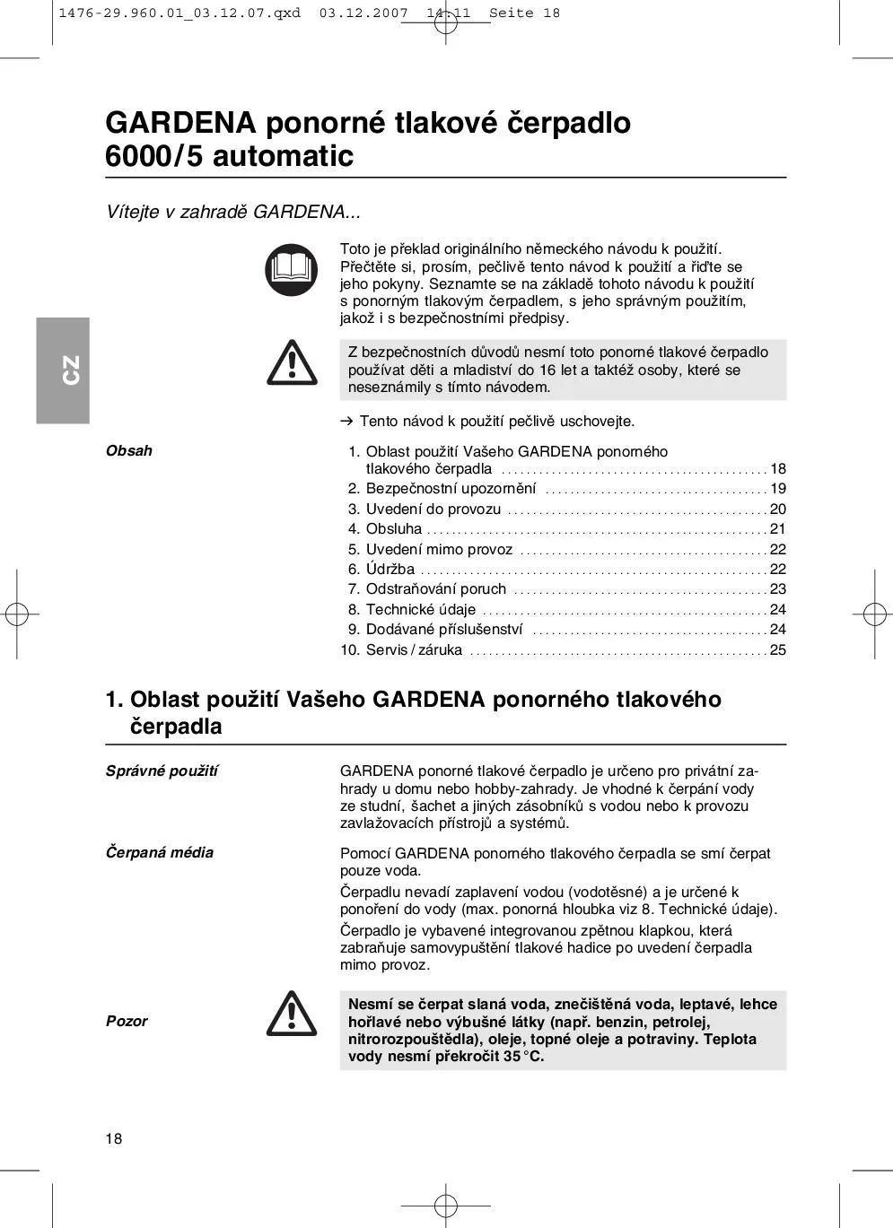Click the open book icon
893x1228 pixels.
[x=292, y=270]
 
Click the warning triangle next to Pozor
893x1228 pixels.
[x=292, y=1015]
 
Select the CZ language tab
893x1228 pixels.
[x=63, y=370]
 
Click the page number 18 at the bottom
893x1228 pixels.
[x=114, y=1139]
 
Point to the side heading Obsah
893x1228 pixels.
[x=129, y=451]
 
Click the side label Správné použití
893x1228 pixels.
[x=162, y=771]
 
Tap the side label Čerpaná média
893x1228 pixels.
[x=160, y=853]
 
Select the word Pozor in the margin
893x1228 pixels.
[x=127, y=1022]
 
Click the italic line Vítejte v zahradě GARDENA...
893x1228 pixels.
[x=233, y=213]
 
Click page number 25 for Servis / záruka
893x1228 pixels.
[x=777, y=650]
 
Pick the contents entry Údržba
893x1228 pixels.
[x=390, y=570]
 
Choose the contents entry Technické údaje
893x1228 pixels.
[x=420, y=610]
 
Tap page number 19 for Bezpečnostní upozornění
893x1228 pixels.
[x=777, y=489]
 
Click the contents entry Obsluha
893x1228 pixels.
[x=393, y=529]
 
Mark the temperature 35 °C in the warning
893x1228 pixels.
[x=523, y=1057]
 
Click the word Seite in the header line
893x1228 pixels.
[x=511, y=13]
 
